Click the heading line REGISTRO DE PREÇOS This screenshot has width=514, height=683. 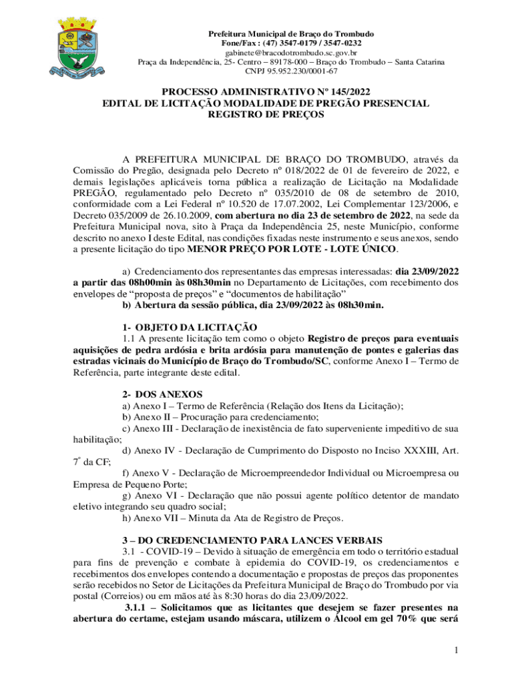257,114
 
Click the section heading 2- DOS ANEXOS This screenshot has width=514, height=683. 158,394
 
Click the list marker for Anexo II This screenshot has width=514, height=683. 126,418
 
